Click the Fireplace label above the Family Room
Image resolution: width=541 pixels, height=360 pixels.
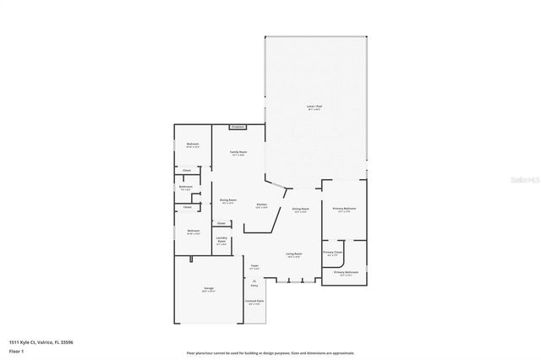point(237,128)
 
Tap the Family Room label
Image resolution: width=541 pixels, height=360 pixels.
point(238,153)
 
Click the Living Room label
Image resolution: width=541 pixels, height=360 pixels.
point(294,254)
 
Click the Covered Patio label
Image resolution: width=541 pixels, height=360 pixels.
point(254,302)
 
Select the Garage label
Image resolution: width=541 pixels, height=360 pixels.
point(208,290)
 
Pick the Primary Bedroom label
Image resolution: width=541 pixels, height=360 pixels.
point(344,210)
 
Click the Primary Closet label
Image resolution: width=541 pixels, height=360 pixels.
point(332,253)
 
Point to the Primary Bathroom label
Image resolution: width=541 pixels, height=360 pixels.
point(346,273)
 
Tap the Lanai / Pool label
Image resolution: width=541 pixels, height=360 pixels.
point(314,107)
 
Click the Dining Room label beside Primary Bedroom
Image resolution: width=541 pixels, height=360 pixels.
point(300,210)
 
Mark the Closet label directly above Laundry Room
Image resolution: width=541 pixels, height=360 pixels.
point(221,223)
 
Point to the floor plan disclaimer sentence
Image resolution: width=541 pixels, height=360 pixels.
point(270,353)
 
